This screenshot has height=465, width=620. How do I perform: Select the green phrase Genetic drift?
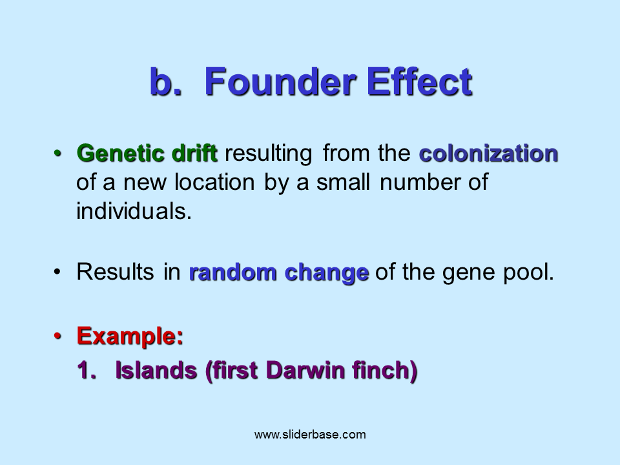(x=147, y=154)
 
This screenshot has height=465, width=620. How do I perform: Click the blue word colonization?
(x=488, y=154)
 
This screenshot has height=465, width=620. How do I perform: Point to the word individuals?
(x=134, y=211)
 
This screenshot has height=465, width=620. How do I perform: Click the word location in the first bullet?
(x=217, y=183)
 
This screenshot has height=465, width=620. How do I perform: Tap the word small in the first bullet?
(x=343, y=183)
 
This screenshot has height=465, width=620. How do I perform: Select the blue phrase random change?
(x=278, y=273)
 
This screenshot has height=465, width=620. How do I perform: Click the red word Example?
(x=130, y=336)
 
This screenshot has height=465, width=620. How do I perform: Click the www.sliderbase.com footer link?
(x=310, y=435)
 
